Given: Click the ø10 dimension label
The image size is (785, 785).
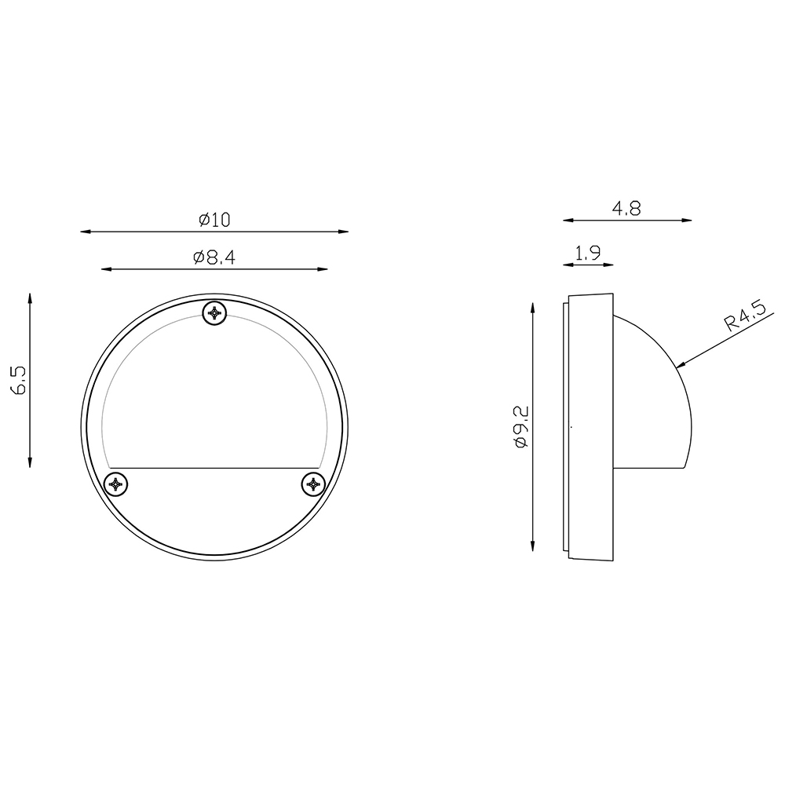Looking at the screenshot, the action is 214,219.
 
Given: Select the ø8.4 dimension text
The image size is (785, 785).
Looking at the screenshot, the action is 214,257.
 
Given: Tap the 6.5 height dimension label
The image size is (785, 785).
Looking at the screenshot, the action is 20,380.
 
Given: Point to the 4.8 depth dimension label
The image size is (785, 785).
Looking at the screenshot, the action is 626,208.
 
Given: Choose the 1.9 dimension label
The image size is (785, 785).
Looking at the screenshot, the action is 588,253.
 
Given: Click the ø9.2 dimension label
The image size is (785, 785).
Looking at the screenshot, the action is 520,427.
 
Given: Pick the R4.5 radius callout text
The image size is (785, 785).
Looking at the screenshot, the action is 745,316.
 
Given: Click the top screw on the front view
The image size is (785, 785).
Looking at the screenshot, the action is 214,313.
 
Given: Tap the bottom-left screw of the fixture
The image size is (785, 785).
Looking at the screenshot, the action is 115,484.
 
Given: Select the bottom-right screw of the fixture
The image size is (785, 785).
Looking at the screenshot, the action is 313,484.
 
